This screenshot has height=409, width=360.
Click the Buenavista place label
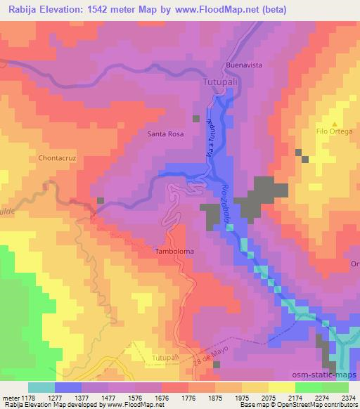tap(243, 65)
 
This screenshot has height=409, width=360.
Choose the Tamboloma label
tap(174, 250)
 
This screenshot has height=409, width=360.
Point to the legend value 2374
tap(347, 397)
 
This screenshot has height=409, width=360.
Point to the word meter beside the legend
tap(10, 397)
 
